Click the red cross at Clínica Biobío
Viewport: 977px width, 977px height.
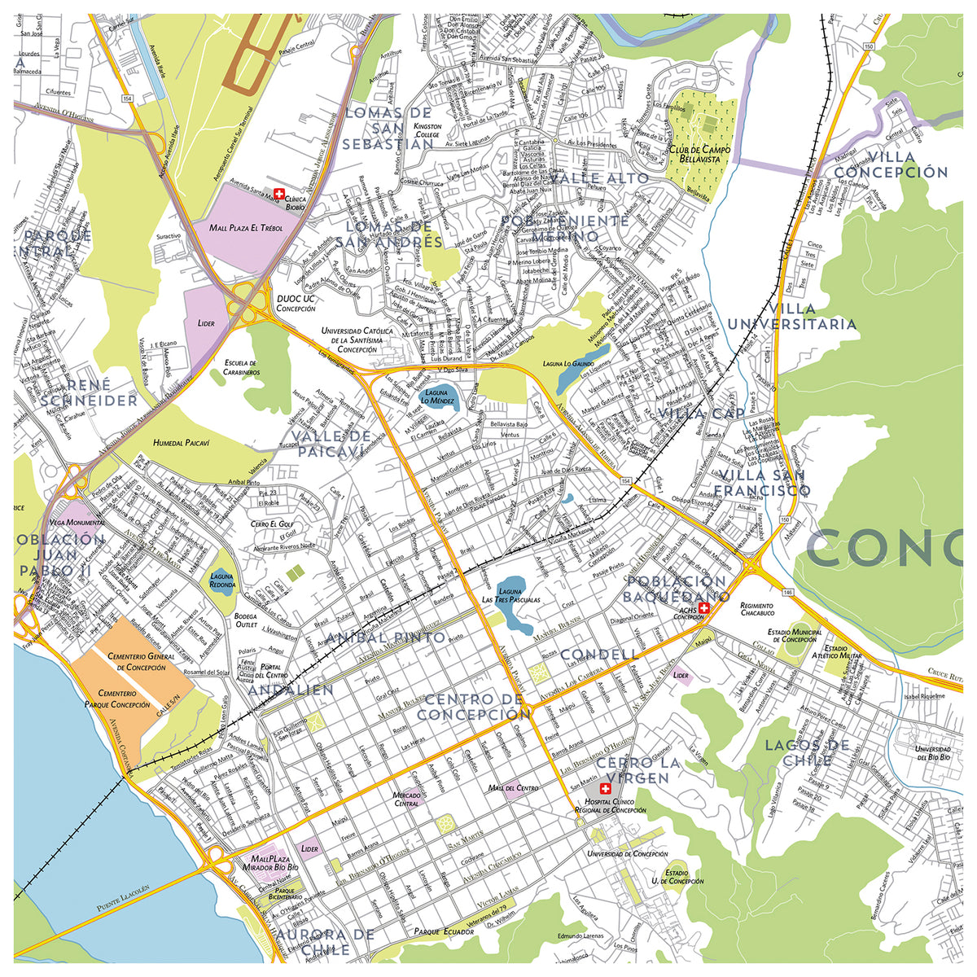tap(280, 194)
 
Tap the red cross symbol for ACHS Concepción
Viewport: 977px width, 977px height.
tap(703, 607)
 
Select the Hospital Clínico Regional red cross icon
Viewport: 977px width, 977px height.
tap(604, 790)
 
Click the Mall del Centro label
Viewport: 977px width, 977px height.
tap(513, 788)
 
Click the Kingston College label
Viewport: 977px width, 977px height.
tap(427, 131)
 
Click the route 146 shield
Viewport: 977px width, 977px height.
tap(789, 592)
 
